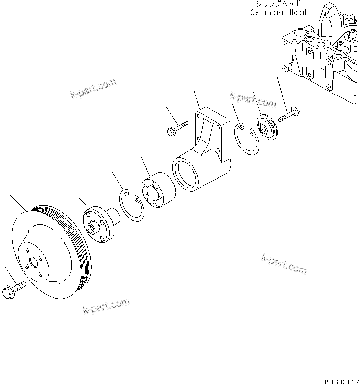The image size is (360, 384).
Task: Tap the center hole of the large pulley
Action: click(x=34, y=261)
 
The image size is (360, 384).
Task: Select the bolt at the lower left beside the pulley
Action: click(x=14, y=289)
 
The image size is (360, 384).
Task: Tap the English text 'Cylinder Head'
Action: click(x=278, y=12)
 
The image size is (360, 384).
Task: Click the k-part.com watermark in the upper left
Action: click(x=93, y=88)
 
